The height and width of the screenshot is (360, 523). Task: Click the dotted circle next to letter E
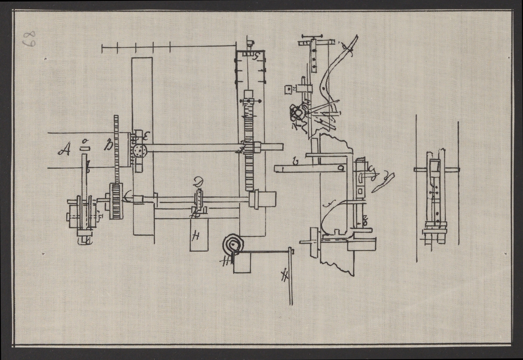pyautogui.click(x=140, y=151)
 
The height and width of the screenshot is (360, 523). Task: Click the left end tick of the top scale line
pyautogui.click(x=102, y=48)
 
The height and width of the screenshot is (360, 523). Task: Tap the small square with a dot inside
pyautogui.click(x=288, y=90)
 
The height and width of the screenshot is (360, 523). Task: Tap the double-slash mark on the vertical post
pyautogui.click(x=285, y=275)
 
